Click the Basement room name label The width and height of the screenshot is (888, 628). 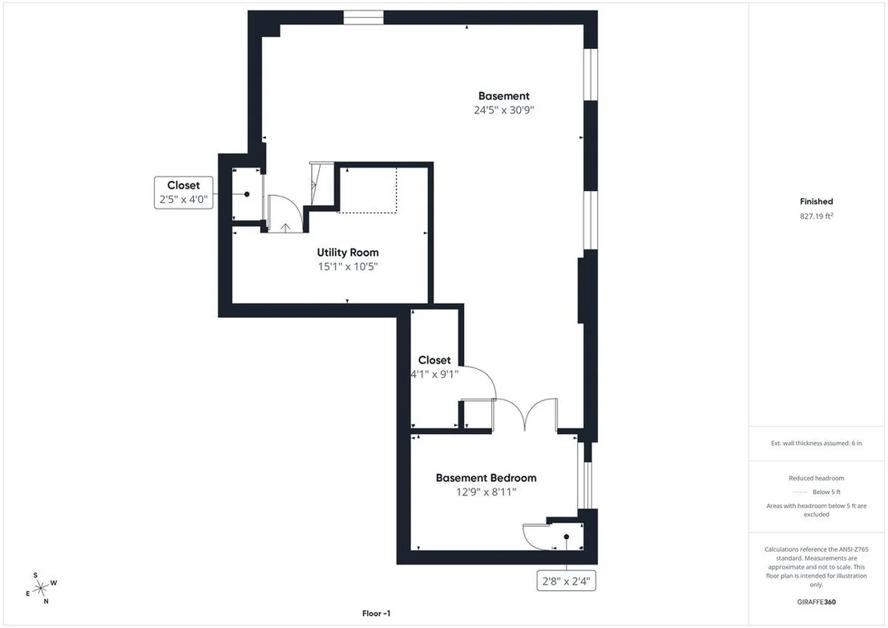pos(503,95)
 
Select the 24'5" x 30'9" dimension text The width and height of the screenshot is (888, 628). pos(503,110)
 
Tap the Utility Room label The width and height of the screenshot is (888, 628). pos(348,253)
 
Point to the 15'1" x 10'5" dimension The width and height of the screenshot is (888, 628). pos(348,266)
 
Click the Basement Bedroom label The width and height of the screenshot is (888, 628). pos(486,478)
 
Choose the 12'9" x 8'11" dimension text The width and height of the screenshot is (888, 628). pos(486,492)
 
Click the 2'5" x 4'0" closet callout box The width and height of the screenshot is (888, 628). pos(184,192)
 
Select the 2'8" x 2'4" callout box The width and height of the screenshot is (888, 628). pos(567,581)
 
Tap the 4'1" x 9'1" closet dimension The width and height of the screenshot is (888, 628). pos(434,374)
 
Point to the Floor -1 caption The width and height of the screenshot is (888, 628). pos(376,614)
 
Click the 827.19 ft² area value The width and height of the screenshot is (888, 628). pos(816,216)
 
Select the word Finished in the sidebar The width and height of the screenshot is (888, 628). pos(816,201)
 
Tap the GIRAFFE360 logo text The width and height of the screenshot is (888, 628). pos(816,602)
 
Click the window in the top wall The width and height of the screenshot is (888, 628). pos(364,18)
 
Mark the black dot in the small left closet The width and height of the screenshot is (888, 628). pos(247,194)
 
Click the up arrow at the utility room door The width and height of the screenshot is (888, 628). pos(285,228)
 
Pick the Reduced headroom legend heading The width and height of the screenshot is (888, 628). pos(816,478)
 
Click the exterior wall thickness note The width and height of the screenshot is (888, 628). pos(816,444)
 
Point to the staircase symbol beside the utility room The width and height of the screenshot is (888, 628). pos(321,184)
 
